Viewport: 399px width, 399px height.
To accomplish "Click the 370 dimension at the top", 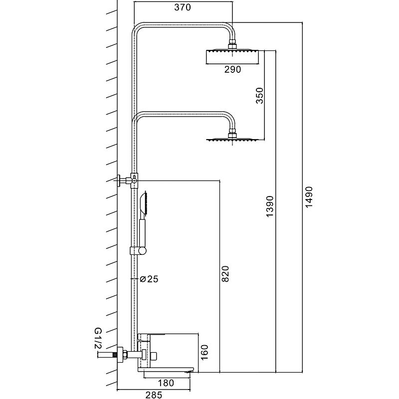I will pos(184,7).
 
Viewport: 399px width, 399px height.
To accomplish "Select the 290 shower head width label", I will pos(232,70).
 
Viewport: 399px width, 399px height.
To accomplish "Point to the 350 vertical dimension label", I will pos(259,95).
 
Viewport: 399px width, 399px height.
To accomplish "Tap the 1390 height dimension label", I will pos(270,205).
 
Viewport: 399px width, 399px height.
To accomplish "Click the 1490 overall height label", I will pos(308,198).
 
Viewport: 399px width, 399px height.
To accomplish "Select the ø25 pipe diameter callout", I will pos(149,279).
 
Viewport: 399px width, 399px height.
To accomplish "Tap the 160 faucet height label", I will pos(204,352).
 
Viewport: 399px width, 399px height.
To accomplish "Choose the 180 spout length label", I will pos(168,383).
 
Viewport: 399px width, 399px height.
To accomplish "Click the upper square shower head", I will pos(232,56).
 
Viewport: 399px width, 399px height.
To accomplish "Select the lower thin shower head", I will pos(232,140).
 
